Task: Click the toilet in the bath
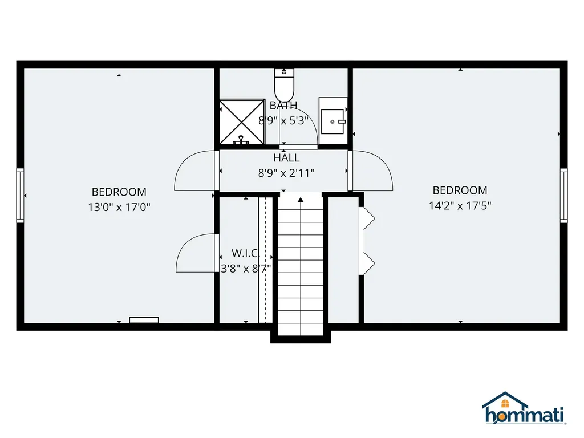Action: click(x=283, y=84)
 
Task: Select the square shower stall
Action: click(x=242, y=122)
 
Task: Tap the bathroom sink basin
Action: click(x=332, y=121)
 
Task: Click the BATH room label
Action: click(x=283, y=106)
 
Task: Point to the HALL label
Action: click(x=286, y=158)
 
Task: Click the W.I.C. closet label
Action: click(x=246, y=253)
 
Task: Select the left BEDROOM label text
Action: click(x=119, y=192)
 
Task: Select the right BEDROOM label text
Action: click(x=460, y=190)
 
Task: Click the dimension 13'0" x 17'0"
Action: click(x=119, y=207)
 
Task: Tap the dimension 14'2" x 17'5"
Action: click(x=460, y=205)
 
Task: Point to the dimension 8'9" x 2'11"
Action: click(x=286, y=173)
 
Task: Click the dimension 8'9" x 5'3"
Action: click(x=283, y=120)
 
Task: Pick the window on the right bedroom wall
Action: click(x=563, y=195)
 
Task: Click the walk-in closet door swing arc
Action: click(x=194, y=254)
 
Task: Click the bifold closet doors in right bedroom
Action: click(x=366, y=240)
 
